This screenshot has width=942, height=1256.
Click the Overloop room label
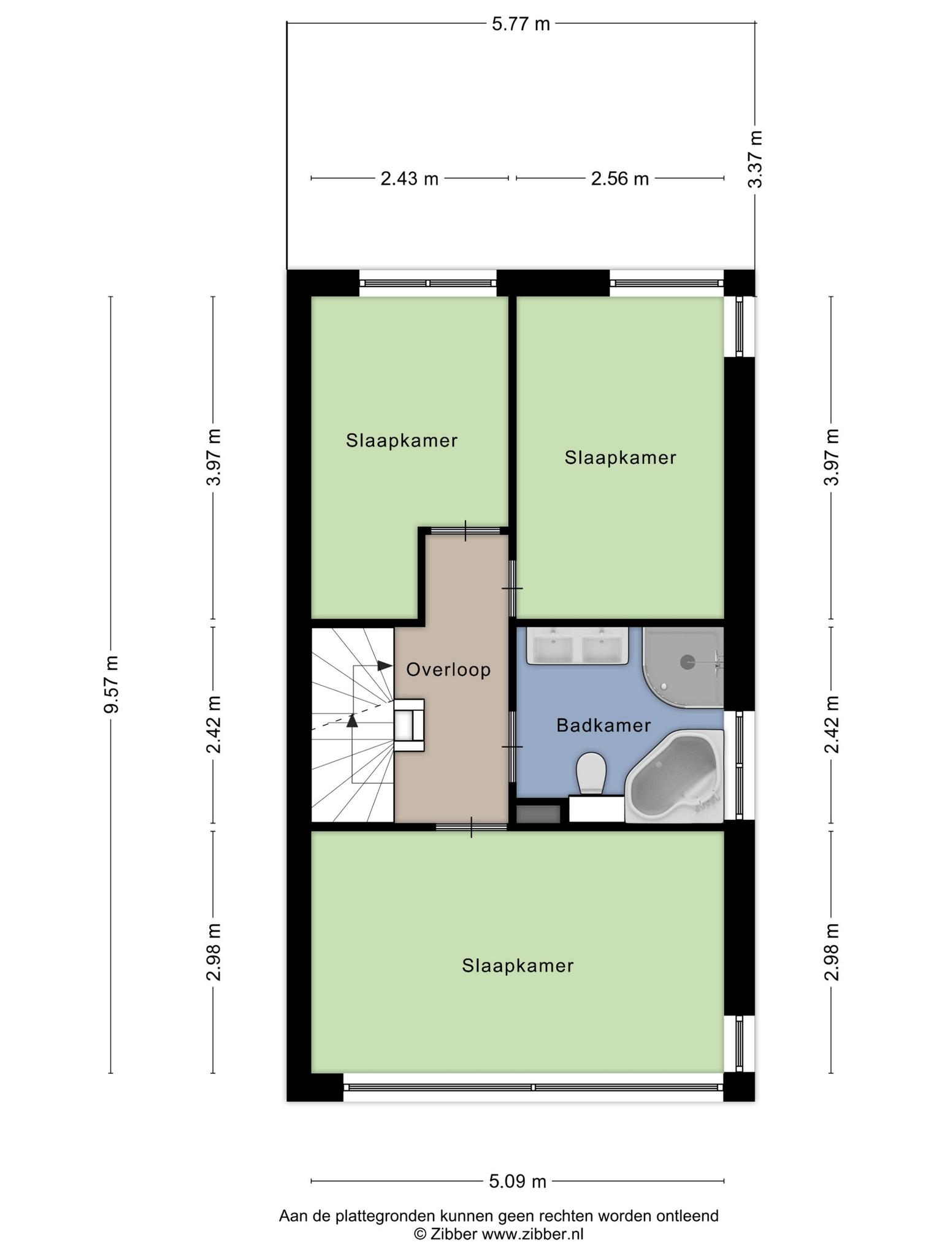point(448,670)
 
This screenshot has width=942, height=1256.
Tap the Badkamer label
point(603,726)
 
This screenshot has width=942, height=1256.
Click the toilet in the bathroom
point(591,772)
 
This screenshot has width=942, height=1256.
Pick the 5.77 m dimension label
point(521,24)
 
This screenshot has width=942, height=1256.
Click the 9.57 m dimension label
point(111,684)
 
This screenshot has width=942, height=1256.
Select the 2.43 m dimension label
point(410,178)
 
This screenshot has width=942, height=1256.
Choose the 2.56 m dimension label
point(620,178)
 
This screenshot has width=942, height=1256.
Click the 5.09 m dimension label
point(518,1181)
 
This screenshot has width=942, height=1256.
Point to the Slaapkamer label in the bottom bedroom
point(518,966)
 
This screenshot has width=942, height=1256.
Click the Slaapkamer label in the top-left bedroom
point(402,440)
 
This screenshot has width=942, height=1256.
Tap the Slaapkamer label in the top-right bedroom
point(621,458)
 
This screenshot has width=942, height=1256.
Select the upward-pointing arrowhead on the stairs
point(352,721)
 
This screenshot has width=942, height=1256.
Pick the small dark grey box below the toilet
point(538,814)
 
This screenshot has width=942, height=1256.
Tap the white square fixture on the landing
point(408,725)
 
